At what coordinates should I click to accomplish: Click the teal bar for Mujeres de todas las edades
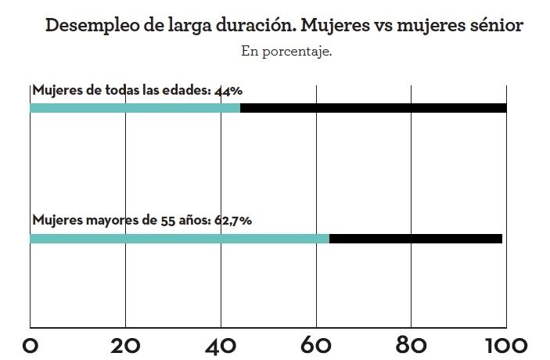[x=135, y=108]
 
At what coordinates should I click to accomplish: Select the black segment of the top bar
[x=373, y=108]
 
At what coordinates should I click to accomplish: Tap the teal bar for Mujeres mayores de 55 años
[x=179, y=238]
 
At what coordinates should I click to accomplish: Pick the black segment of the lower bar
[x=415, y=238]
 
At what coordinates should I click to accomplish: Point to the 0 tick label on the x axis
[x=30, y=344]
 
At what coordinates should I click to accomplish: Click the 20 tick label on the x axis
[x=125, y=344]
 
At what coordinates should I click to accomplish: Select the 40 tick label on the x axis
[x=221, y=344]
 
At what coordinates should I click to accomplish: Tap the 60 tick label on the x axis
[x=316, y=344]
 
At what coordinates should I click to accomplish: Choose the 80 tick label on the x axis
[x=411, y=344]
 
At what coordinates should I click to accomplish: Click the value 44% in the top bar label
[x=228, y=90]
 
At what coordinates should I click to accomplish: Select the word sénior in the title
[x=495, y=25]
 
